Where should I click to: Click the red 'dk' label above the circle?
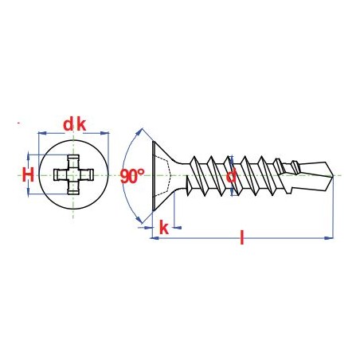75,125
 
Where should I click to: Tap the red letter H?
28,175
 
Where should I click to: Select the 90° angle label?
132,176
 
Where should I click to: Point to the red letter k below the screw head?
164,228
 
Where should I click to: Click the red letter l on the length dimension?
241,237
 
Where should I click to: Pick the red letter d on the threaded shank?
231,176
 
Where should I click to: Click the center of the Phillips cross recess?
73,175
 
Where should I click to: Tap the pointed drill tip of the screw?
333,175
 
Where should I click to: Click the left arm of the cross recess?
61,175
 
